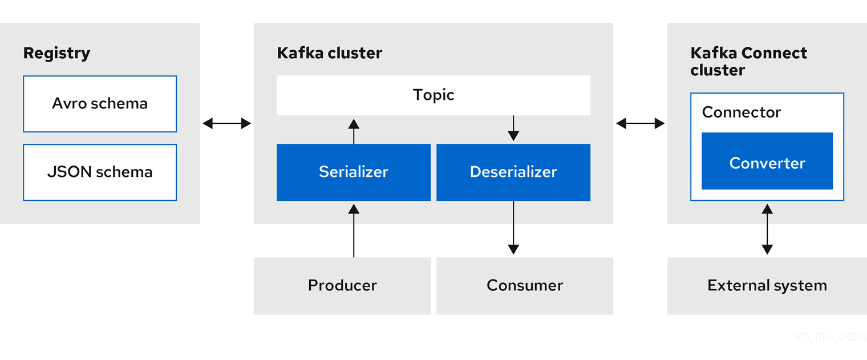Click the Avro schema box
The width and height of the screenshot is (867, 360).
tap(100, 104)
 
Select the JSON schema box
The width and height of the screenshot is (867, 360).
tap(100, 172)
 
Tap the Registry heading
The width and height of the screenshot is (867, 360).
tap(56, 53)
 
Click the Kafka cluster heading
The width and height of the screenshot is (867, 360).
tap(329, 53)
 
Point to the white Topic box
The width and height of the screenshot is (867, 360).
tap(433, 95)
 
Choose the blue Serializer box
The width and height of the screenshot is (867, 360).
tap(354, 172)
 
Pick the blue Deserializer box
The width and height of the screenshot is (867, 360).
tap(513, 172)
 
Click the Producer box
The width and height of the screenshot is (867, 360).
tap(342, 285)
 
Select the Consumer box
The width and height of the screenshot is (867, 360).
tap(525, 285)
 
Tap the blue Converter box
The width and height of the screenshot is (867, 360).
tap(767, 163)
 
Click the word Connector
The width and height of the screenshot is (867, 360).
tap(741, 112)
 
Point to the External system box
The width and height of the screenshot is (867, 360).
tap(767, 285)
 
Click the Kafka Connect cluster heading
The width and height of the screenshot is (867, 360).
tap(748, 62)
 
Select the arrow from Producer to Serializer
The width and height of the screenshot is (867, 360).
tap(354, 231)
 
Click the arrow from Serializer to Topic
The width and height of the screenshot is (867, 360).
tap(354, 131)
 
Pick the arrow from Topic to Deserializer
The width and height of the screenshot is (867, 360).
tap(513, 128)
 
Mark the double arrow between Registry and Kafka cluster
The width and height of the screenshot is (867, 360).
tap(227, 123)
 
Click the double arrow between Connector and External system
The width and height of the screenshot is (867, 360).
tap(767, 229)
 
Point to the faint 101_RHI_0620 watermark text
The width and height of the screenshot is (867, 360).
tap(830, 337)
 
